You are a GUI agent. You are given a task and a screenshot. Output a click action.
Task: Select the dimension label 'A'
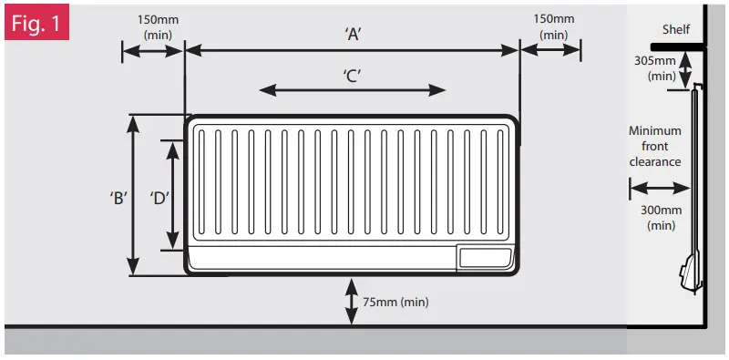click(x=354, y=34)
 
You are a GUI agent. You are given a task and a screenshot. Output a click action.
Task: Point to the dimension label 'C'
click(x=354, y=77)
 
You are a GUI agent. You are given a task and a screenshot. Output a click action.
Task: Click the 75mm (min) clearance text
click(x=395, y=302)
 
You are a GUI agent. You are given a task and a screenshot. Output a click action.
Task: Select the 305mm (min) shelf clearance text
click(x=655, y=69)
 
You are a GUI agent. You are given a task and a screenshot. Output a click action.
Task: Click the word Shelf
click(x=676, y=28)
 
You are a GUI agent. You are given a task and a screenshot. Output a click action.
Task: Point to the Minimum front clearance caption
click(x=654, y=146)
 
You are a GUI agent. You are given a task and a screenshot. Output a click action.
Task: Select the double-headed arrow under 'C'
click(x=354, y=89)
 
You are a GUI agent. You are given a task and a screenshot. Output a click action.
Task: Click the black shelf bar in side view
click(x=678, y=46)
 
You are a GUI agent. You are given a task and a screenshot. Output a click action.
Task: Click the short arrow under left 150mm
click(x=153, y=51)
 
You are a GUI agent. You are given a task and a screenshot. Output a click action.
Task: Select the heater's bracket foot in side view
click(x=687, y=273)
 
